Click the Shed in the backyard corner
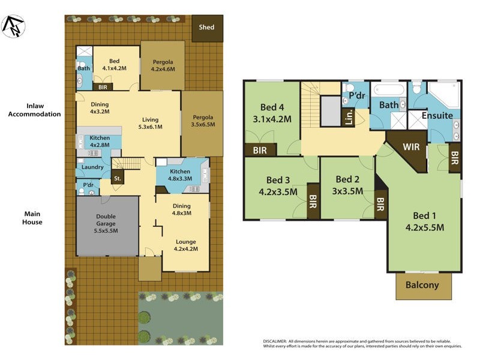point(206,28)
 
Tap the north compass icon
point(13,25)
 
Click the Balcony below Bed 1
point(422,286)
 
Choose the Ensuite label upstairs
point(437,116)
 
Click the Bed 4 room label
point(272,113)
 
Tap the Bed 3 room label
point(278,185)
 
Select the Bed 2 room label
point(348,185)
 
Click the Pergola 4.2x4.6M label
point(163,65)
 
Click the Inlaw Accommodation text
point(34,109)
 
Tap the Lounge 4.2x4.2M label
point(186,245)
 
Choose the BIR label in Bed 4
point(260,150)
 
